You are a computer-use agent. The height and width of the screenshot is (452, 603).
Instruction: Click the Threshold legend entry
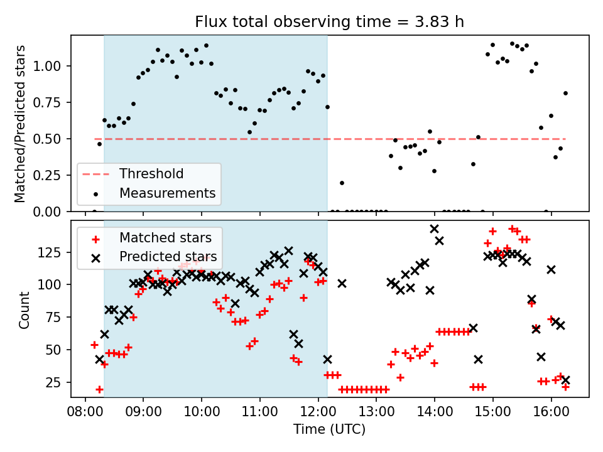[151, 174]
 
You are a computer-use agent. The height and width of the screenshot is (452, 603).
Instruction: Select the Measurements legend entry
[168, 193]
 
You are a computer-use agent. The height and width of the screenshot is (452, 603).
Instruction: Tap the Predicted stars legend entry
[168, 257]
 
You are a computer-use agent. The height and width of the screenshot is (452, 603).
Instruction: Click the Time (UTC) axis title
[330, 430]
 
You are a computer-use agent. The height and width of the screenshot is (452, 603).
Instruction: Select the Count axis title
[24, 309]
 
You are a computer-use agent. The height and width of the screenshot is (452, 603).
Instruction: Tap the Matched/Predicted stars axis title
[20, 124]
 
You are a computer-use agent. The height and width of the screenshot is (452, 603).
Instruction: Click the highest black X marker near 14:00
[434, 229]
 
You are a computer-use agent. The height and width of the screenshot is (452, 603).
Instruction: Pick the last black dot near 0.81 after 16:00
[565, 93]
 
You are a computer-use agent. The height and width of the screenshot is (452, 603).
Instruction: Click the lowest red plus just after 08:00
[99, 389]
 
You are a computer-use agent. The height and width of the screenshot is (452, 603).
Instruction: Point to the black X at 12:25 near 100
[342, 283]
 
